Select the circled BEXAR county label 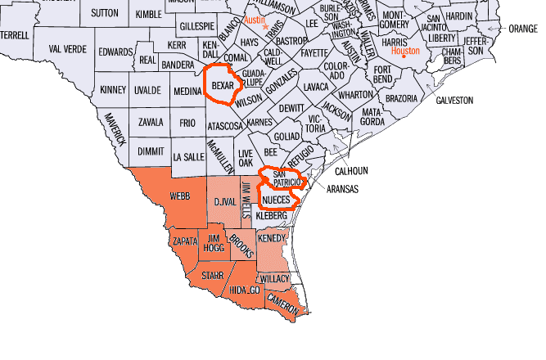(223, 85)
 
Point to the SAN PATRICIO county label (287, 179)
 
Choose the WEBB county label (179, 197)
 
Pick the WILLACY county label (277, 279)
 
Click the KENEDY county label (272, 238)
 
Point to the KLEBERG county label (272, 215)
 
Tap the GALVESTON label (454, 100)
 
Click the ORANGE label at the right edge (523, 28)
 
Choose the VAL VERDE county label (67, 49)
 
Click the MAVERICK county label (115, 128)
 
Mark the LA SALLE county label (189, 155)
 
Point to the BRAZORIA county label (402, 98)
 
